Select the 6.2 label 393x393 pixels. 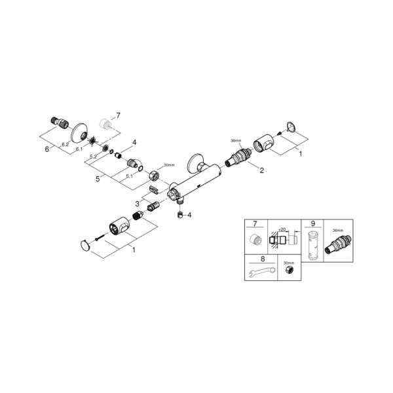[x=65, y=144]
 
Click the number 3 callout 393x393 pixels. [x=138, y=204]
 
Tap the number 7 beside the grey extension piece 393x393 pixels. [x=119, y=115]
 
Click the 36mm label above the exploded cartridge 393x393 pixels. [x=236, y=141]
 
